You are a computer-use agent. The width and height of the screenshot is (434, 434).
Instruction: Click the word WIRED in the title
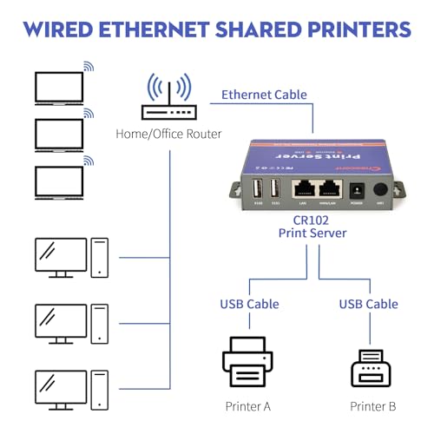click(x=63, y=29)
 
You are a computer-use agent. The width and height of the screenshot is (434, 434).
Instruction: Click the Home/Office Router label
click(x=168, y=134)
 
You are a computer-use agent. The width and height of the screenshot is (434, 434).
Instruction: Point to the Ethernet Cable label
click(x=265, y=95)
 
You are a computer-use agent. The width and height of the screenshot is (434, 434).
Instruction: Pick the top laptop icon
click(x=58, y=88)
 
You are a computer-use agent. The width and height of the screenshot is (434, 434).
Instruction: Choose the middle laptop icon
click(x=58, y=135)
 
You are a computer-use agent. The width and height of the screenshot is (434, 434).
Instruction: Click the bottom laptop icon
click(x=58, y=182)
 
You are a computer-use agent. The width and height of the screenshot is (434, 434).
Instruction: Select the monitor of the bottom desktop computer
click(x=61, y=388)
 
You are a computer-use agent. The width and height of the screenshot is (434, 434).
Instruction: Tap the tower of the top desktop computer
click(x=100, y=257)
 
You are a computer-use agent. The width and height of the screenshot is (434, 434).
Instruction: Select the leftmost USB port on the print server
click(x=259, y=189)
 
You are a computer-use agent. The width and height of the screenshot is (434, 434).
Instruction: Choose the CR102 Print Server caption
click(x=312, y=227)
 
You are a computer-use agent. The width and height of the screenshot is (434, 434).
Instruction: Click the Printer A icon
click(x=247, y=363)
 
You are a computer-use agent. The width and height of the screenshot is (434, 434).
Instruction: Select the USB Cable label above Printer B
click(x=368, y=304)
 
